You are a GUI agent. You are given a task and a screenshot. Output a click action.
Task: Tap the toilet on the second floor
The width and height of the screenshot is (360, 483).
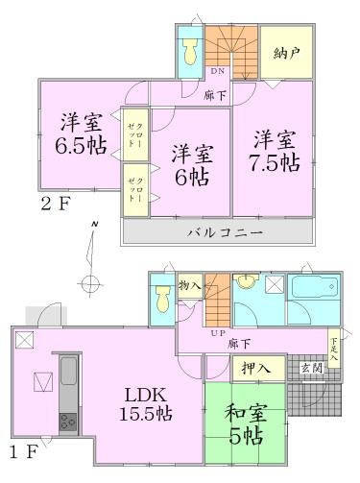click(x=188, y=46)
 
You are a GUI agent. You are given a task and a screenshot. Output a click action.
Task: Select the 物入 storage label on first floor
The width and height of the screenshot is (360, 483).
click(x=190, y=285)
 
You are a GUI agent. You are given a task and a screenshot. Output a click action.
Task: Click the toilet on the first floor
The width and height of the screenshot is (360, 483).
click(x=161, y=302)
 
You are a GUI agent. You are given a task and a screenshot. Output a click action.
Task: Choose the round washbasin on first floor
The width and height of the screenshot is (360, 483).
click(x=247, y=284)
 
